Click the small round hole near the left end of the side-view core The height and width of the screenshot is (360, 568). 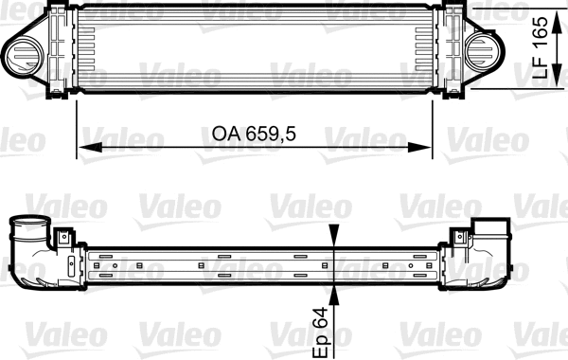pos(114,266)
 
